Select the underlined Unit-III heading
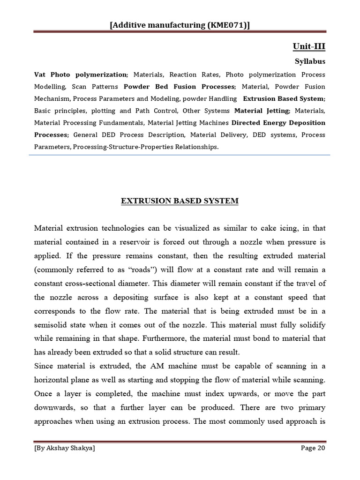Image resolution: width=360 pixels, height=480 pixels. [309, 46]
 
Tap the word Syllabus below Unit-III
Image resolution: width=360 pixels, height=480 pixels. [310, 61]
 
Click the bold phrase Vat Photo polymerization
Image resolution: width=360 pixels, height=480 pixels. [80, 75]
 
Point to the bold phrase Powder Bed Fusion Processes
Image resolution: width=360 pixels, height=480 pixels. [179, 87]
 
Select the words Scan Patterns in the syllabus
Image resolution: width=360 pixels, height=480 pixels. [96, 87]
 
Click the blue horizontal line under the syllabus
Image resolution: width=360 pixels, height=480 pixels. [180, 155]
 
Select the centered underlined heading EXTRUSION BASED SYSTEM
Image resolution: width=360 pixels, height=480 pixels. [180, 201]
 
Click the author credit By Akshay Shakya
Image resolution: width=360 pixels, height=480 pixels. [65, 448]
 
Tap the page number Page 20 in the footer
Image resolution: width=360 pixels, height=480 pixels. [313, 448]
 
